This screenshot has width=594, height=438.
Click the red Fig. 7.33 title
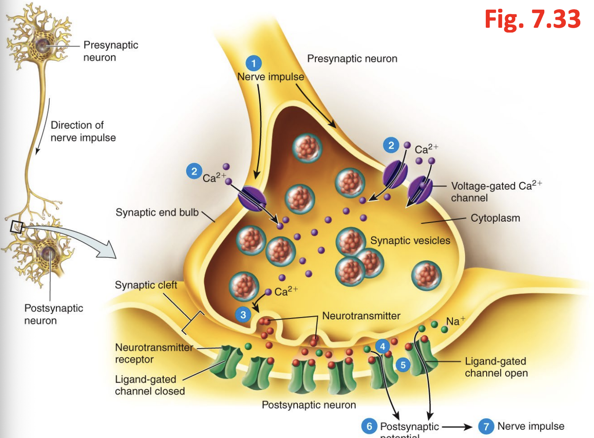tap(532, 19)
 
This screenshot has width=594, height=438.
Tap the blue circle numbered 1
tap(253, 63)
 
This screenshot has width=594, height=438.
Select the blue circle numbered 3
tap(243, 315)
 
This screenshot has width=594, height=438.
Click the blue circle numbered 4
tap(382, 347)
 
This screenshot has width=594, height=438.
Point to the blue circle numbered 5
tap(403, 365)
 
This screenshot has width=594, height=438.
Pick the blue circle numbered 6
tap(369, 426)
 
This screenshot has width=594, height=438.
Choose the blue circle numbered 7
tap(486, 426)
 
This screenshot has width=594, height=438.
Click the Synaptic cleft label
tap(146, 285)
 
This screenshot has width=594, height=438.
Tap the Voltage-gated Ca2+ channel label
tap(496, 191)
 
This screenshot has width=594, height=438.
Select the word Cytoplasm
tap(495, 218)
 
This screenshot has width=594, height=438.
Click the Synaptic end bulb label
tap(157, 212)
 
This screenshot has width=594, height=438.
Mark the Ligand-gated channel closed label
tap(149, 385)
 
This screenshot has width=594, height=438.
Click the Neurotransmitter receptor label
tap(154, 353)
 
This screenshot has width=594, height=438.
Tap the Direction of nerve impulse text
tap(83, 131)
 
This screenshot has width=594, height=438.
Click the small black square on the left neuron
tap(16, 226)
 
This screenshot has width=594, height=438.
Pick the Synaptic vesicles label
tap(410, 241)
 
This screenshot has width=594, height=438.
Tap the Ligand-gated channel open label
tap(496, 367)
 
